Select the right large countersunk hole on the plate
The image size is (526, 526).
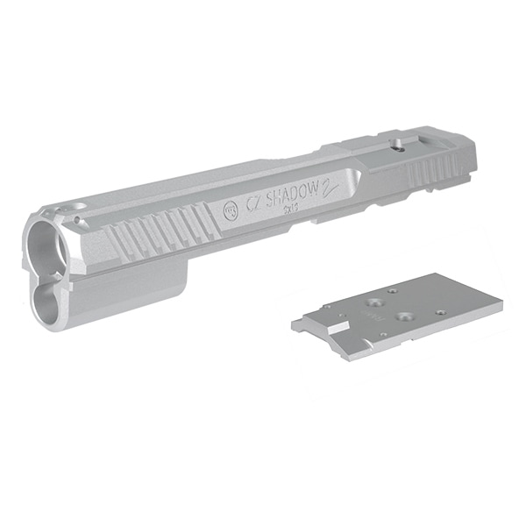click(406, 316)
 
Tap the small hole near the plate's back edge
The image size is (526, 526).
click(394, 292)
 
